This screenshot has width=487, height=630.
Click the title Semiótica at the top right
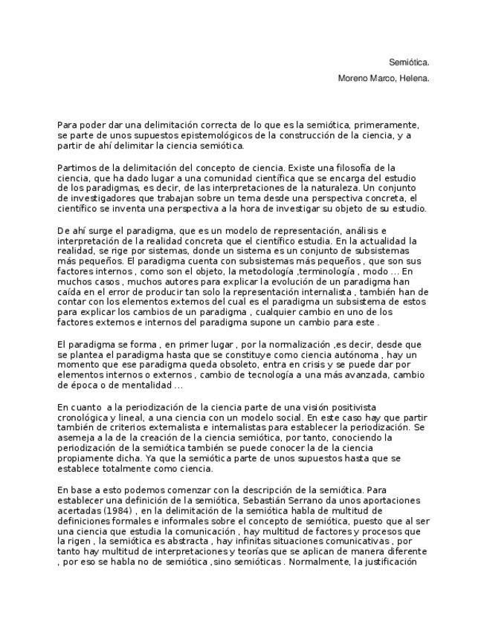click(409, 62)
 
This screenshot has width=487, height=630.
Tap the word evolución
click(291, 282)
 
